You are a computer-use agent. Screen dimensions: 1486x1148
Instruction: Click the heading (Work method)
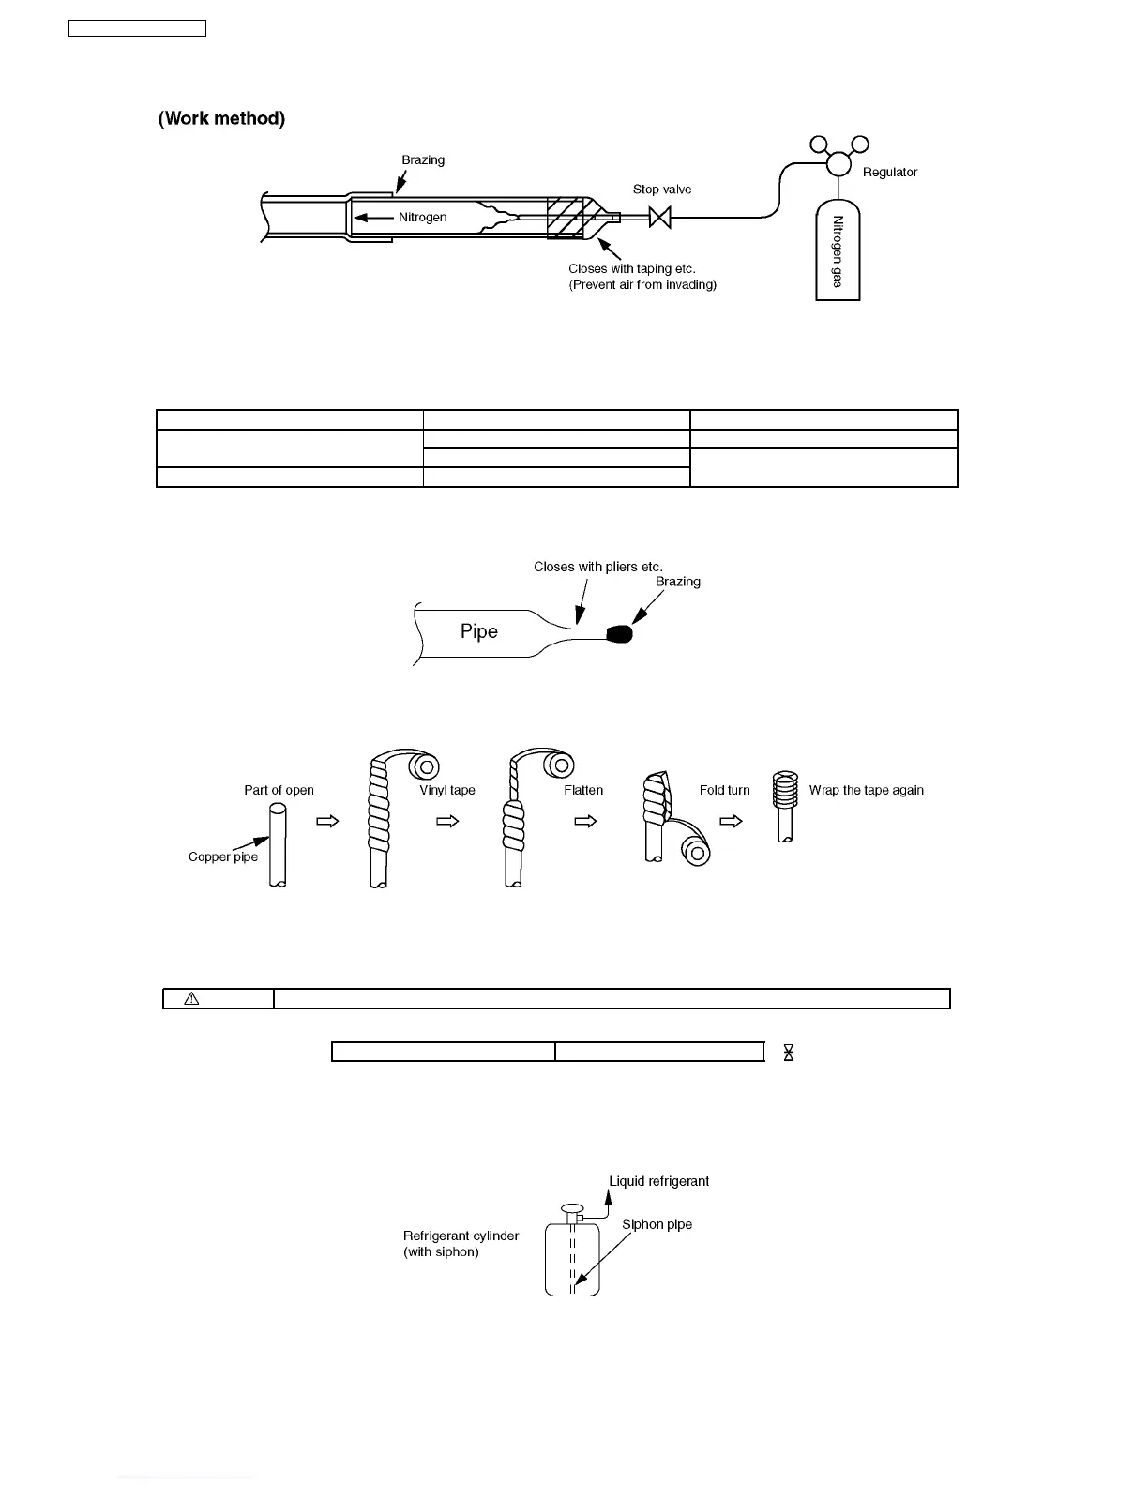(x=222, y=118)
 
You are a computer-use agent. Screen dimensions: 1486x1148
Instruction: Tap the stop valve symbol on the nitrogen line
(x=660, y=219)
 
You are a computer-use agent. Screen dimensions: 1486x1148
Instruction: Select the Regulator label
(x=889, y=173)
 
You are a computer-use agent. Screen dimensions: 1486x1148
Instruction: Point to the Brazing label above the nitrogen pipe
(x=423, y=160)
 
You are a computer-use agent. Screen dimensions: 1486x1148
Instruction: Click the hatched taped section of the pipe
(x=566, y=218)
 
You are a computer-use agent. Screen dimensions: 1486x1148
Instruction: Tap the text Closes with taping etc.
(x=631, y=269)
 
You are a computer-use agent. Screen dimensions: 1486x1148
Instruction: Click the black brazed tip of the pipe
(x=620, y=635)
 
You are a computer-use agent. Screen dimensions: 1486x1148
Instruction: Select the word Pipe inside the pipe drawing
(x=478, y=631)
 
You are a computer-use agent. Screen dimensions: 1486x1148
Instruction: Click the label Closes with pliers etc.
(x=597, y=567)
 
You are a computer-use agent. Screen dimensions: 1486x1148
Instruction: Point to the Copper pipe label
(x=223, y=857)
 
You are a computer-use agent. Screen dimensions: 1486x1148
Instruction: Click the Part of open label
(x=279, y=790)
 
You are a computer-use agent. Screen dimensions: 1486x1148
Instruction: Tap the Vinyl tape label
(x=447, y=790)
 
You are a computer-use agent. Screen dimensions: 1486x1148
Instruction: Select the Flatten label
(x=583, y=790)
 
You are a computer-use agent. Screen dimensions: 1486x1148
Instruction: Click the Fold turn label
(x=724, y=790)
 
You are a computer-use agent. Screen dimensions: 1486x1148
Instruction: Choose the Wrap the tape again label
(x=866, y=790)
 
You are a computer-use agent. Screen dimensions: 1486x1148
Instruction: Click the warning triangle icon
(x=191, y=998)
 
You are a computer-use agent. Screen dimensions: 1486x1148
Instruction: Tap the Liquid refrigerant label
(x=658, y=1181)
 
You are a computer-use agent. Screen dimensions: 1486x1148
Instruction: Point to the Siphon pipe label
(x=657, y=1224)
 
